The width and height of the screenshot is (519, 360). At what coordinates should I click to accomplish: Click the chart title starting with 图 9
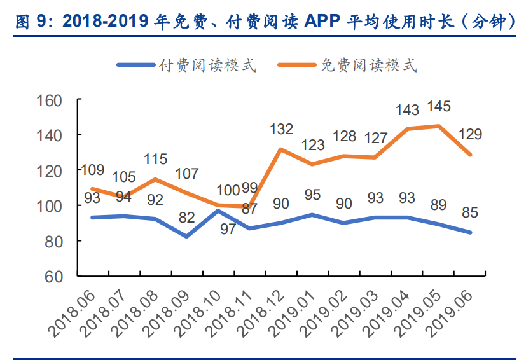coord(259,21)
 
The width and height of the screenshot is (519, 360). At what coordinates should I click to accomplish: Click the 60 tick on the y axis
coord(54,277)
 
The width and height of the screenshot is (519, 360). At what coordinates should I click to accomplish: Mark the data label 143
coord(407,109)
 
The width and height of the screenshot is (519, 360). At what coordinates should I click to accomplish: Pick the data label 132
coord(281,129)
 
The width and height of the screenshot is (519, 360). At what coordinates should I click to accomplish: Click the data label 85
coord(470,212)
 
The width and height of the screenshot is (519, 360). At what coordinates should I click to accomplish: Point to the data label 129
coord(470,134)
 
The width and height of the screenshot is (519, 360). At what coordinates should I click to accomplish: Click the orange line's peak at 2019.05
coord(439,126)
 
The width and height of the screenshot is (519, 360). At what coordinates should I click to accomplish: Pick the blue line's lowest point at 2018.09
coord(187,237)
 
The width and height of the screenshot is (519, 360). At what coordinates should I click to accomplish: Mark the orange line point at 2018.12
coord(281,149)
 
